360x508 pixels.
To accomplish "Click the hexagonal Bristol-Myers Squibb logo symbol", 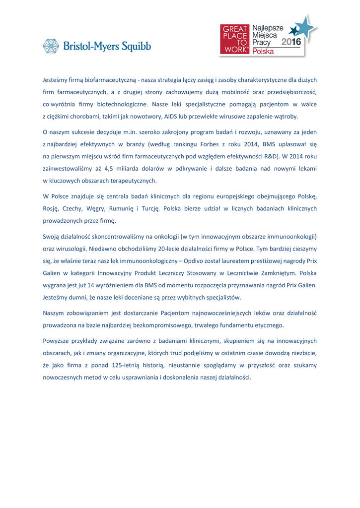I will tap(51, 46).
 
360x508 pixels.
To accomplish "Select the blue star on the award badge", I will tap(304, 27).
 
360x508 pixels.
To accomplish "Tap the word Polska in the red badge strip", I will tap(263, 52).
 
